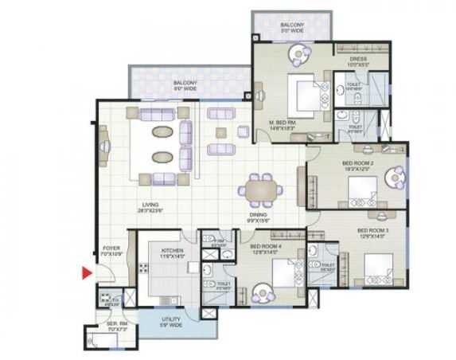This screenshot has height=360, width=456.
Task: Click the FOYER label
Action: (x=110, y=248)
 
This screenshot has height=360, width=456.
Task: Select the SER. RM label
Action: (x=106, y=325)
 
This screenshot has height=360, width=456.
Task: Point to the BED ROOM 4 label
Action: (x=266, y=248)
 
